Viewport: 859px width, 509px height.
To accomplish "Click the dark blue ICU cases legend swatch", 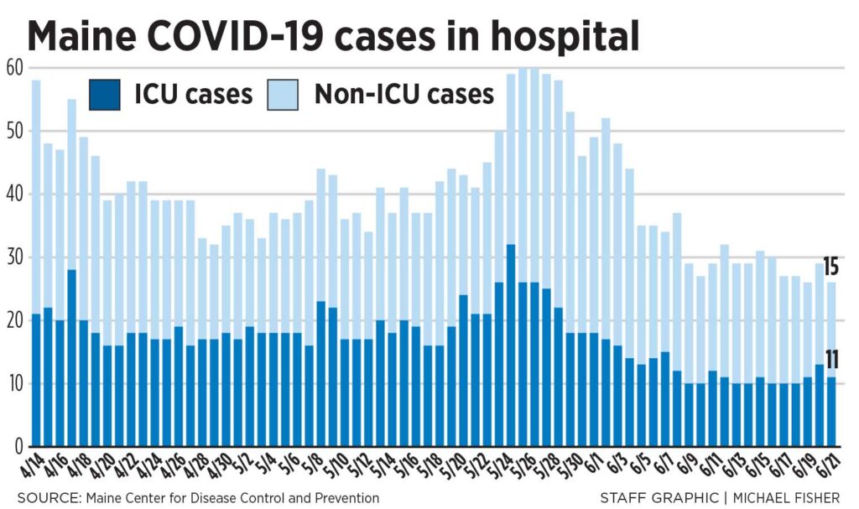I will point(107,93).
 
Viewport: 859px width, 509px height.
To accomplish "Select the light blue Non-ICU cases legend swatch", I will point(285,93).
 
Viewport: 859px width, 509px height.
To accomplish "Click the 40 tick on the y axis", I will point(13,194).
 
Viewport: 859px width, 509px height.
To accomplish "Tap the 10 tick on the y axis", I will point(13,384).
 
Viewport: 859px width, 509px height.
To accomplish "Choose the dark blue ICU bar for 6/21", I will point(830,412).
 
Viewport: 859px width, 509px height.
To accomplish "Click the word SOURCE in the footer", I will point(44,498).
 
